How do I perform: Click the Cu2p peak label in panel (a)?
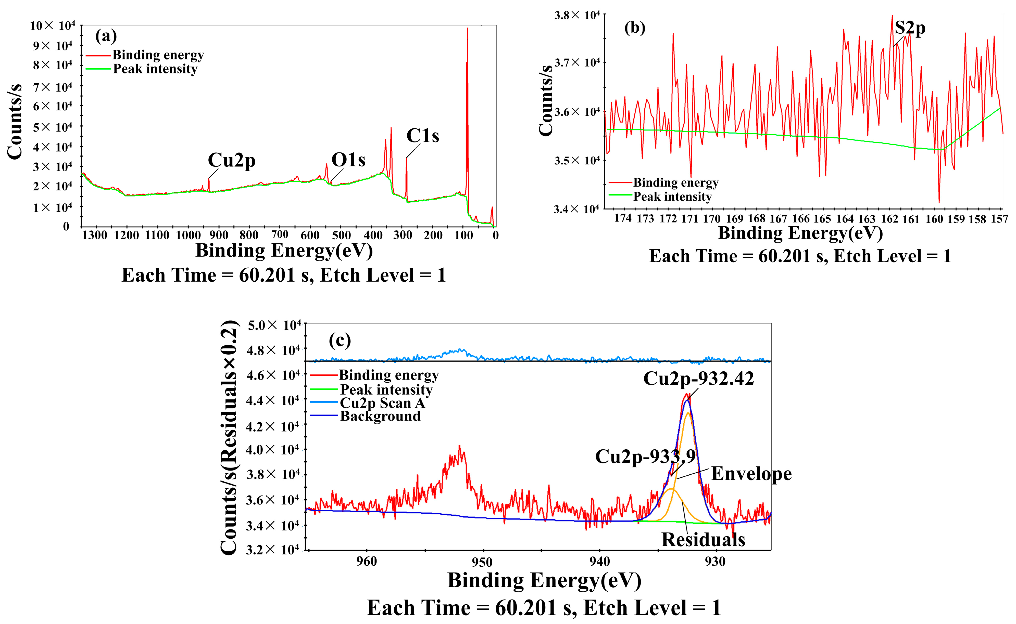point(231,161)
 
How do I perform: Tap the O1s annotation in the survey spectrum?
point(348,160)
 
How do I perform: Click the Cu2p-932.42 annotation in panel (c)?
point(698,379)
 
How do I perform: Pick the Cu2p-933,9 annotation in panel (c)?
point(645,457)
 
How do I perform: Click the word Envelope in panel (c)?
point(751,474)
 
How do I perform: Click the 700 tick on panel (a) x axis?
point(280,235)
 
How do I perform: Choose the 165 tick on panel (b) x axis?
point(822,219)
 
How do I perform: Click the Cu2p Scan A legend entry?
point(382,403)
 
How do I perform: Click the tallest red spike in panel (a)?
point(468,29)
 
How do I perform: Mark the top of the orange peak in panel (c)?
point(688,413)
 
